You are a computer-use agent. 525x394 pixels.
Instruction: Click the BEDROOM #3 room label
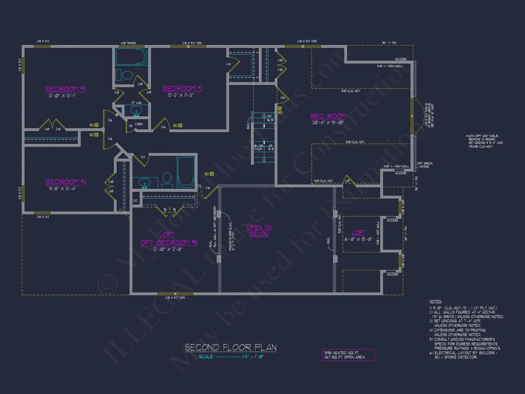click(x=66, y=89)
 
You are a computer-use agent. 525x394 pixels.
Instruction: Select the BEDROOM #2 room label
click(x=183, y=89)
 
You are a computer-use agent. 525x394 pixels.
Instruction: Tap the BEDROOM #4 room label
click(x=66, y=182)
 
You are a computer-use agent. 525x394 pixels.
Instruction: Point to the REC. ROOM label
click(x=328, y=116)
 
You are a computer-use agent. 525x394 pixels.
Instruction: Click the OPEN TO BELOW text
click(x=259, y=231)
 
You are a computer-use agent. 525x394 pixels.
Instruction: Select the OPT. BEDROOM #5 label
click(x=169, y=242)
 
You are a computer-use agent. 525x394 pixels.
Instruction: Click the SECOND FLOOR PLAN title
click(x=231, y=348)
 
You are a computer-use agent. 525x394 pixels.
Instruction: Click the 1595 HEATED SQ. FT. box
click(x=348, y=355)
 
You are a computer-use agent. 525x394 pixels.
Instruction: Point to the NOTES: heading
click(x=435, y=302)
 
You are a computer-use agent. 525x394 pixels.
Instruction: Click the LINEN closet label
click(x=139, y=124)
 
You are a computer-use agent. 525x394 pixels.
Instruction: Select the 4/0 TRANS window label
click(x=128, y=43)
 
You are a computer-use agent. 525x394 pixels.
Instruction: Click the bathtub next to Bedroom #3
click(x=132, y=56)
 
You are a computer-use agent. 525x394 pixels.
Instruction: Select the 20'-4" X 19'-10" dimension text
click(x=328, y=123)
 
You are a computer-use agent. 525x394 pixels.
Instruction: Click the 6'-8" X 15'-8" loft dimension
click(x=359, y=239)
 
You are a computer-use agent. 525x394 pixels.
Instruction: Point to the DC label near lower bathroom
click(x=135, y=201)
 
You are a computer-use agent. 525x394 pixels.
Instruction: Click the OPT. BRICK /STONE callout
click(x=425, y=165)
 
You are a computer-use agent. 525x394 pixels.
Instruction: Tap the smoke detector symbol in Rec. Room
click(x=280, y=108)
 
